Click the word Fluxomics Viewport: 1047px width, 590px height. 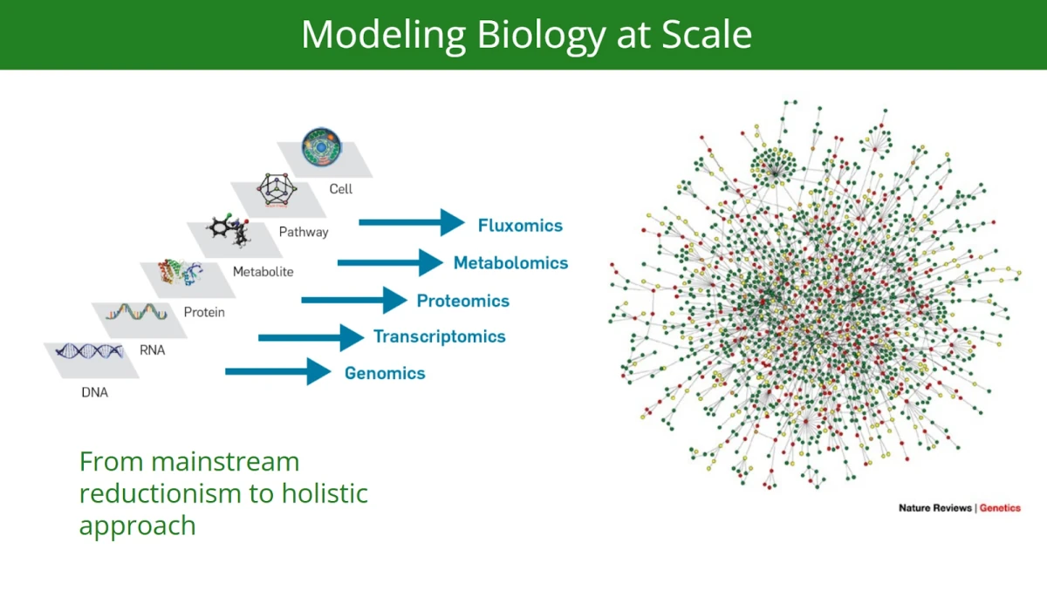pyautogui.click(x=520, y=226)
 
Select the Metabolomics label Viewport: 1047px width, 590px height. pyautogui.click(x=510, y=263)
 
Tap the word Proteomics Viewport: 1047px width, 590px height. pyautogui.click(x=462, y=302)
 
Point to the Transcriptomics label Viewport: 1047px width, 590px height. pyautogui.click(x=439, y=337)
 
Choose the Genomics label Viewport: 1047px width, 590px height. pyautogui.click(x=385, y=374)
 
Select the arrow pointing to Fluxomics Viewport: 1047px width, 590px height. pyautogui.click(x=411, y=223)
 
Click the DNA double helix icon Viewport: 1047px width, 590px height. pyautogui.click(x=88, y=352)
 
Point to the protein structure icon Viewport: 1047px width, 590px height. pyautogui.click(x=181, y=274)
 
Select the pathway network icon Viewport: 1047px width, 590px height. pyautogui.click(x=276, y=190)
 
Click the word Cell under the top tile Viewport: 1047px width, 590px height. pyautogui.click(x=340, y=189)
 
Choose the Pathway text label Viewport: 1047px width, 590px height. pyautogui.click(x=304, y=232)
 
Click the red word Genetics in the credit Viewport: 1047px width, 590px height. pyautogui.click(x=999, y=508)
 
